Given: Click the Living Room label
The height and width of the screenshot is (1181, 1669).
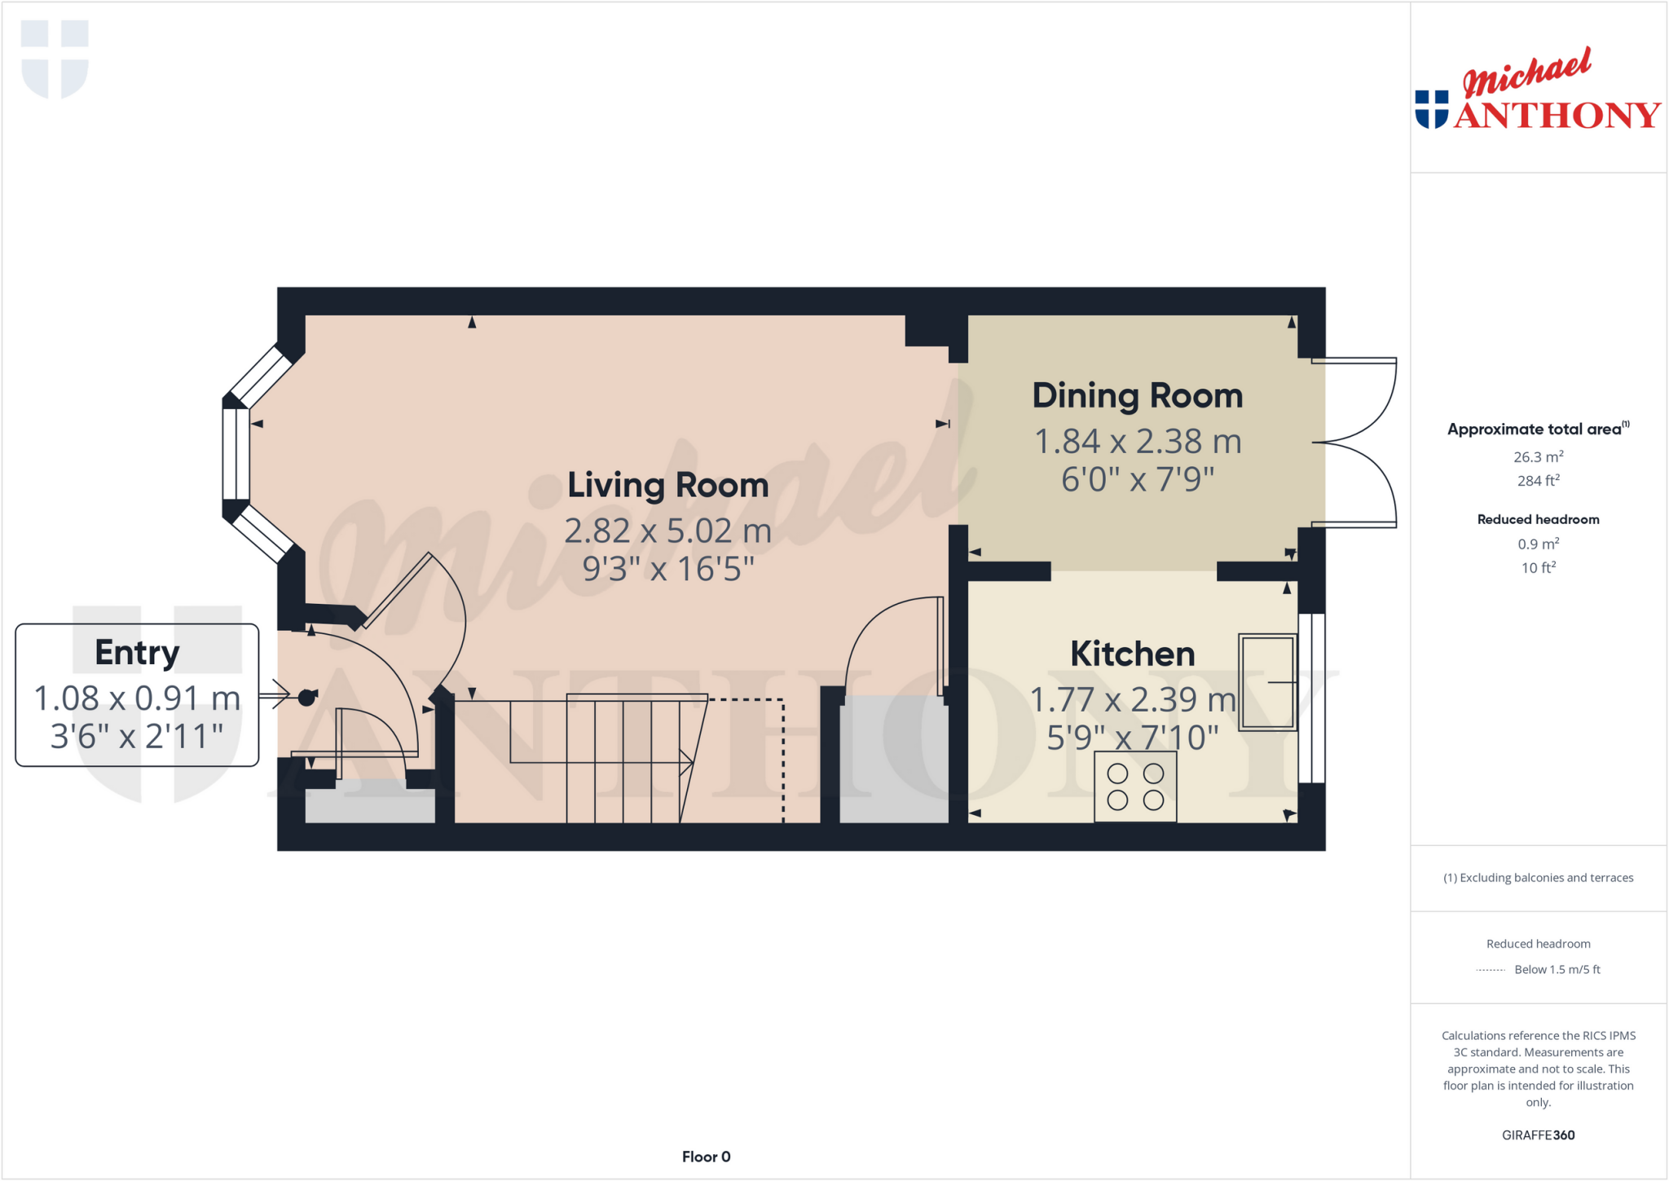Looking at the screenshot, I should click(667, 485).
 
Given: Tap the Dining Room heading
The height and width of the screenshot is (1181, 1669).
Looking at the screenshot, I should click(1137, 395).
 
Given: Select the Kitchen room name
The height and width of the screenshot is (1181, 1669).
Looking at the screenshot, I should click(1132, 654).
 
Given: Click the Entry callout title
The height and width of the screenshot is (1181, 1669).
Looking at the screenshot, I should click(137, 652).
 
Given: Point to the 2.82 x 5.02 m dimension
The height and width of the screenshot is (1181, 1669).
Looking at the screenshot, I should click(667, 531).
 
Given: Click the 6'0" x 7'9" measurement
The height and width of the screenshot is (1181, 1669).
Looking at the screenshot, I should click(1137, 479).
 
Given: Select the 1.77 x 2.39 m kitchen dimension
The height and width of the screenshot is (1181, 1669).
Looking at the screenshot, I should click(1132, 699).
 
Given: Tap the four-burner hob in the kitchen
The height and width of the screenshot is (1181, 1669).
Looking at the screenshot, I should click(1135, 787).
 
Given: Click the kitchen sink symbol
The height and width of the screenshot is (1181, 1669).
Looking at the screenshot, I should click(1267, 681).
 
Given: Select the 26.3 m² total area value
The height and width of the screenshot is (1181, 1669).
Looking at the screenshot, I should click(1538, 457).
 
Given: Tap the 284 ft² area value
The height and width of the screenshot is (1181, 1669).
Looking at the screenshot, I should click(1538, 481).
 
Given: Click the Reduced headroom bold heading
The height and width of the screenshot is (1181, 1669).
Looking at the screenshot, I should click(1538, 519).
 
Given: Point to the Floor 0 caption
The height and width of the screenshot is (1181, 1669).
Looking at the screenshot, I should click(706, 1157).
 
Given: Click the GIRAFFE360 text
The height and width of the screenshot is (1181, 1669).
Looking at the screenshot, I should click(1538, 1135).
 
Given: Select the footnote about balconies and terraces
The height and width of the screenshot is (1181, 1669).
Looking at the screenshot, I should click(1538, 878).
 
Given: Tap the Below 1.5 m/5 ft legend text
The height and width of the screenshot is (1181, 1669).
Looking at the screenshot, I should click(1557, 969).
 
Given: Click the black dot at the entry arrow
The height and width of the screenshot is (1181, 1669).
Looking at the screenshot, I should click(306, 697).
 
